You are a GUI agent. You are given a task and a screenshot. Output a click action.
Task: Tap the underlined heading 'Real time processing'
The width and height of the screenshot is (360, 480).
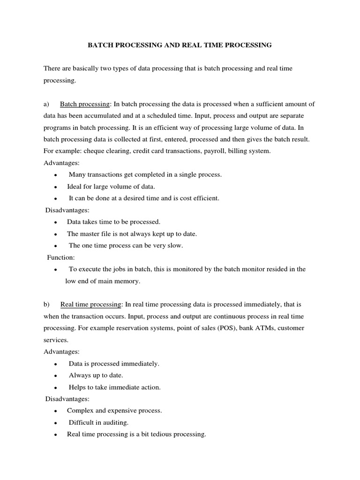pos(91,304)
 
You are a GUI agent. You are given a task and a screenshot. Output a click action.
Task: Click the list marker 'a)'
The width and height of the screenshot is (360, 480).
pos(47,104)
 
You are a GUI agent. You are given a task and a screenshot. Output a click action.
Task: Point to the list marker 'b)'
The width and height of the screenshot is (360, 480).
pos(47,304)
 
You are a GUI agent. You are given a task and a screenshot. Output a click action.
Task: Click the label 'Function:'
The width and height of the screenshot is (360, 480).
pos(61,257)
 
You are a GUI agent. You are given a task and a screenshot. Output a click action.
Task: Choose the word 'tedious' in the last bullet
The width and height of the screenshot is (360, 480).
pos(160,435)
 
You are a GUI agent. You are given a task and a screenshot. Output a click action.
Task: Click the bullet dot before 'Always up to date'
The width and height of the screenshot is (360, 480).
pos(56,376)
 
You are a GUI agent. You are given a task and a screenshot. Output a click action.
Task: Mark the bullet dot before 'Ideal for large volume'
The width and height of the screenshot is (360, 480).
pos(56,187)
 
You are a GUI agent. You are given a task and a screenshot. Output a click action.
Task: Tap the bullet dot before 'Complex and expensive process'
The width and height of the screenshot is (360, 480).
pos(56,411)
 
